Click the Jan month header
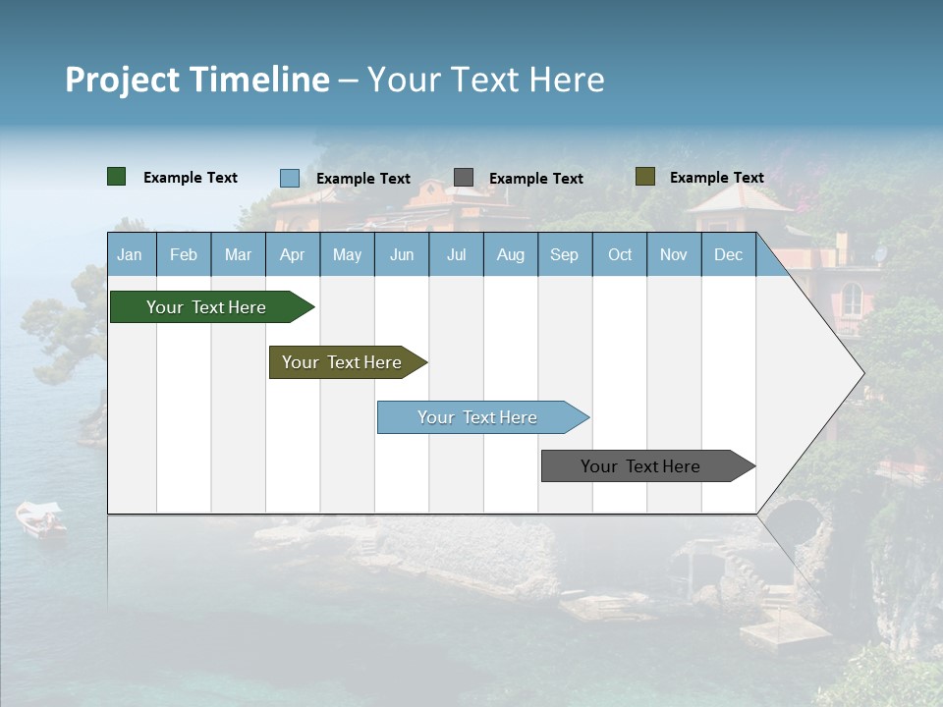pos(130,255)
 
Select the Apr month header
pos(293,255)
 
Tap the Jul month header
pos(456,255)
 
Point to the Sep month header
pos(564,255)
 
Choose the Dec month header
pos(728,255)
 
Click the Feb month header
pos(184,255)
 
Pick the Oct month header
pos(620,255)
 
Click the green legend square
pos(117,177)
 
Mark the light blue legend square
pos(290,178)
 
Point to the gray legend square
pos(464,178)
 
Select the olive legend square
pos(645,177)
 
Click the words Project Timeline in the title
pos(197,80)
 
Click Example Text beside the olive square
pos(716,178)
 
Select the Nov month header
pos(674,255)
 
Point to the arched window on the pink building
pos(852,299)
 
